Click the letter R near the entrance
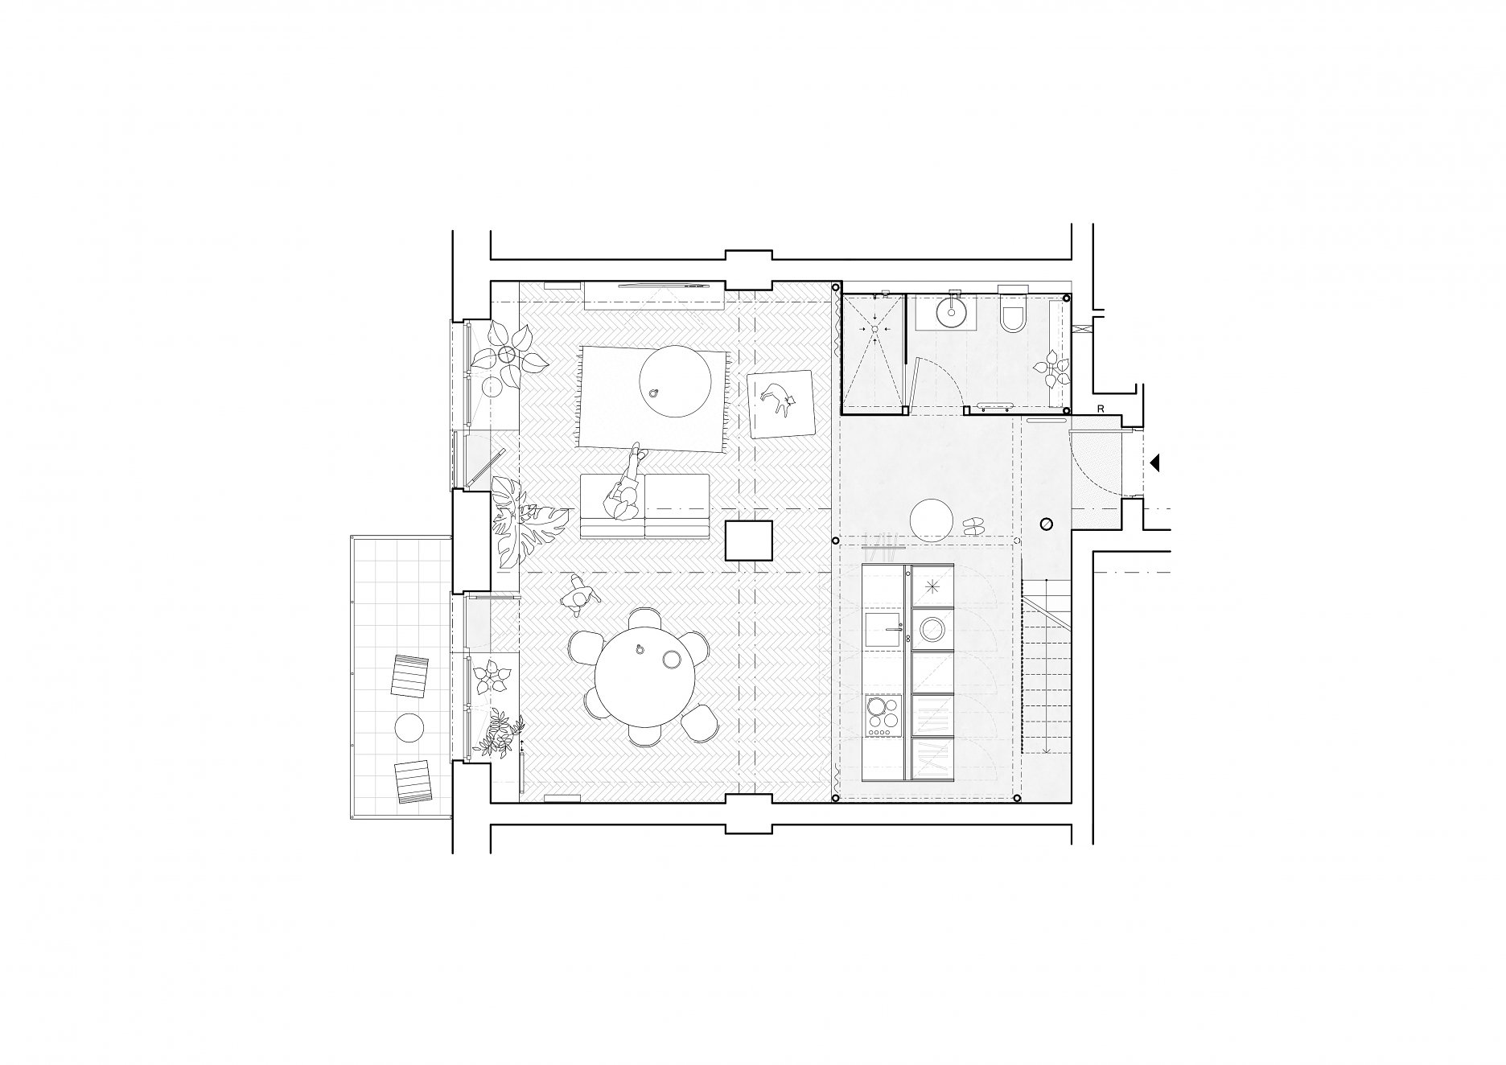1100,409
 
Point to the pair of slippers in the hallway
974,525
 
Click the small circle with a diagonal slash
1047,524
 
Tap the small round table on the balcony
409,728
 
